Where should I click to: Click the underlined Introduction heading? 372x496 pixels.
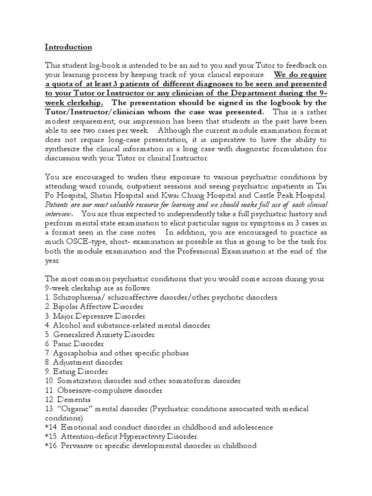pyautogui.click(x=68, y=47)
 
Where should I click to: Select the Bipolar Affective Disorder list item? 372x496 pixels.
pyautogui.click(x=94, y=307)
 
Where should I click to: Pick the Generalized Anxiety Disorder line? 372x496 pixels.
pyautogui.click(x=100, y=334)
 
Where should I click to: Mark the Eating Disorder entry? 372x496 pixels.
pyautogui.click(x=77, y=372)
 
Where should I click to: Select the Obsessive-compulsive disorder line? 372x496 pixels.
pyautogui.click(x=104, y=390)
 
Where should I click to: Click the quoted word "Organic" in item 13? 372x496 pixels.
pyautogui.click(x=74, y=409)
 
